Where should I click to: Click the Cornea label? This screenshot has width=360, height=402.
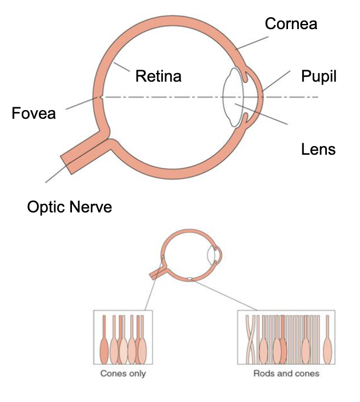[291, 23]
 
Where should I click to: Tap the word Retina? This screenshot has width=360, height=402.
[158, 75]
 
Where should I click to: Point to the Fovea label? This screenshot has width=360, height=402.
[34, 114]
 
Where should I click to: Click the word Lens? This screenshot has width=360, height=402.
[318, 150]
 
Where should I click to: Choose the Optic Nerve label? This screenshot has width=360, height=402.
[70, 206]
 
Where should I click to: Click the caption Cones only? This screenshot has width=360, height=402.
[123, 373]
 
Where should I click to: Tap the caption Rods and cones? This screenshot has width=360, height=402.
[286, 373]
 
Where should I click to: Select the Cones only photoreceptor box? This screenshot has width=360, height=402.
[123, 337]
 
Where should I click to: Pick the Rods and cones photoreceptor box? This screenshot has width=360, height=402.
[286, 337]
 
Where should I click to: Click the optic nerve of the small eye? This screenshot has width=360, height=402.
[158, 273]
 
